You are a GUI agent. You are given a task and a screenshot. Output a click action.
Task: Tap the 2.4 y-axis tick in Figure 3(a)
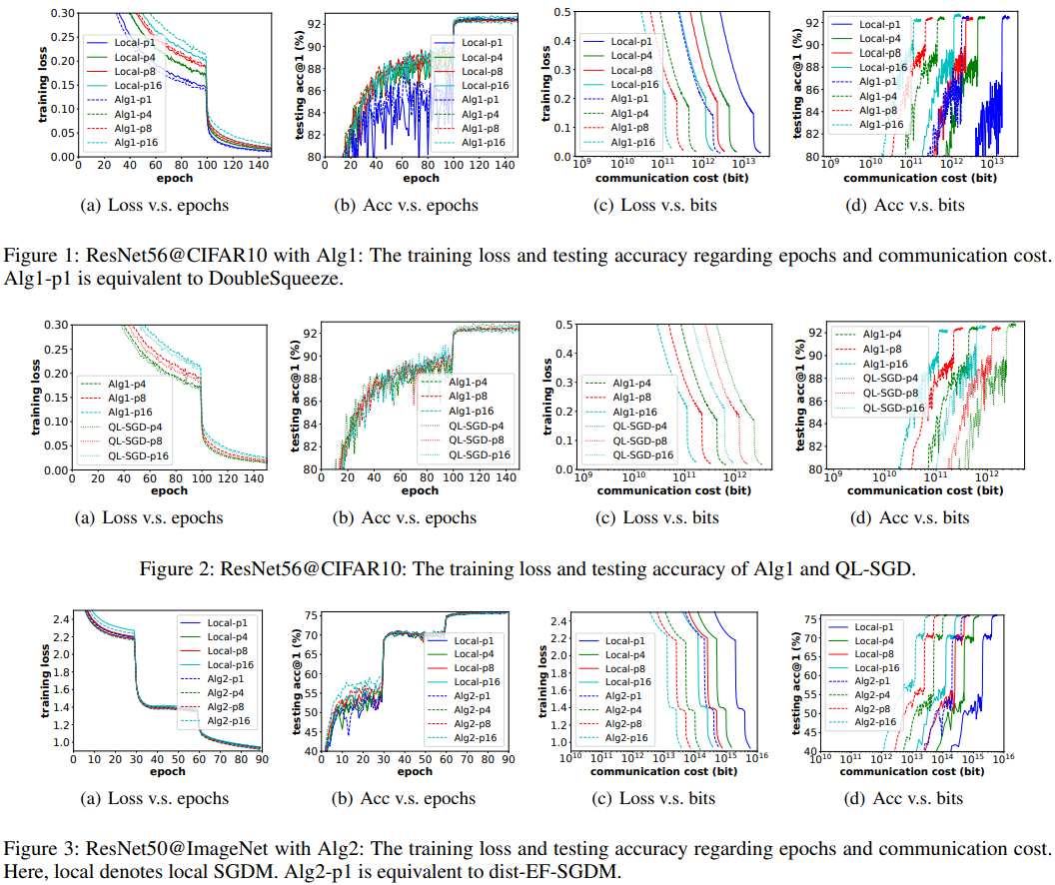click(x=62, y=620)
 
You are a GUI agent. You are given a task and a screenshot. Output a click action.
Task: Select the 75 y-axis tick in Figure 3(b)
click(x=313, y=615)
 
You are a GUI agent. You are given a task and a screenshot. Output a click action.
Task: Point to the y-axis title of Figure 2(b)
click(x=297, y=397)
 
